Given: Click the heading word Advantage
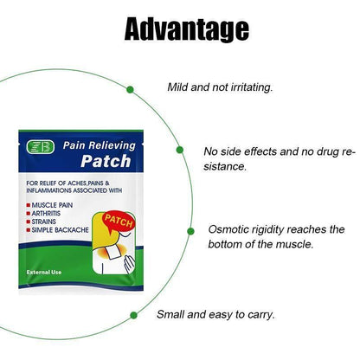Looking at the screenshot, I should pyautogui.click(x=186, y=29).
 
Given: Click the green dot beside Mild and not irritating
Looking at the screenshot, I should pyautogui.click(x=131, y=88).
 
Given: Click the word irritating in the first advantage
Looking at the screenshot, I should pyautogui.click(x=247, y=88).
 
